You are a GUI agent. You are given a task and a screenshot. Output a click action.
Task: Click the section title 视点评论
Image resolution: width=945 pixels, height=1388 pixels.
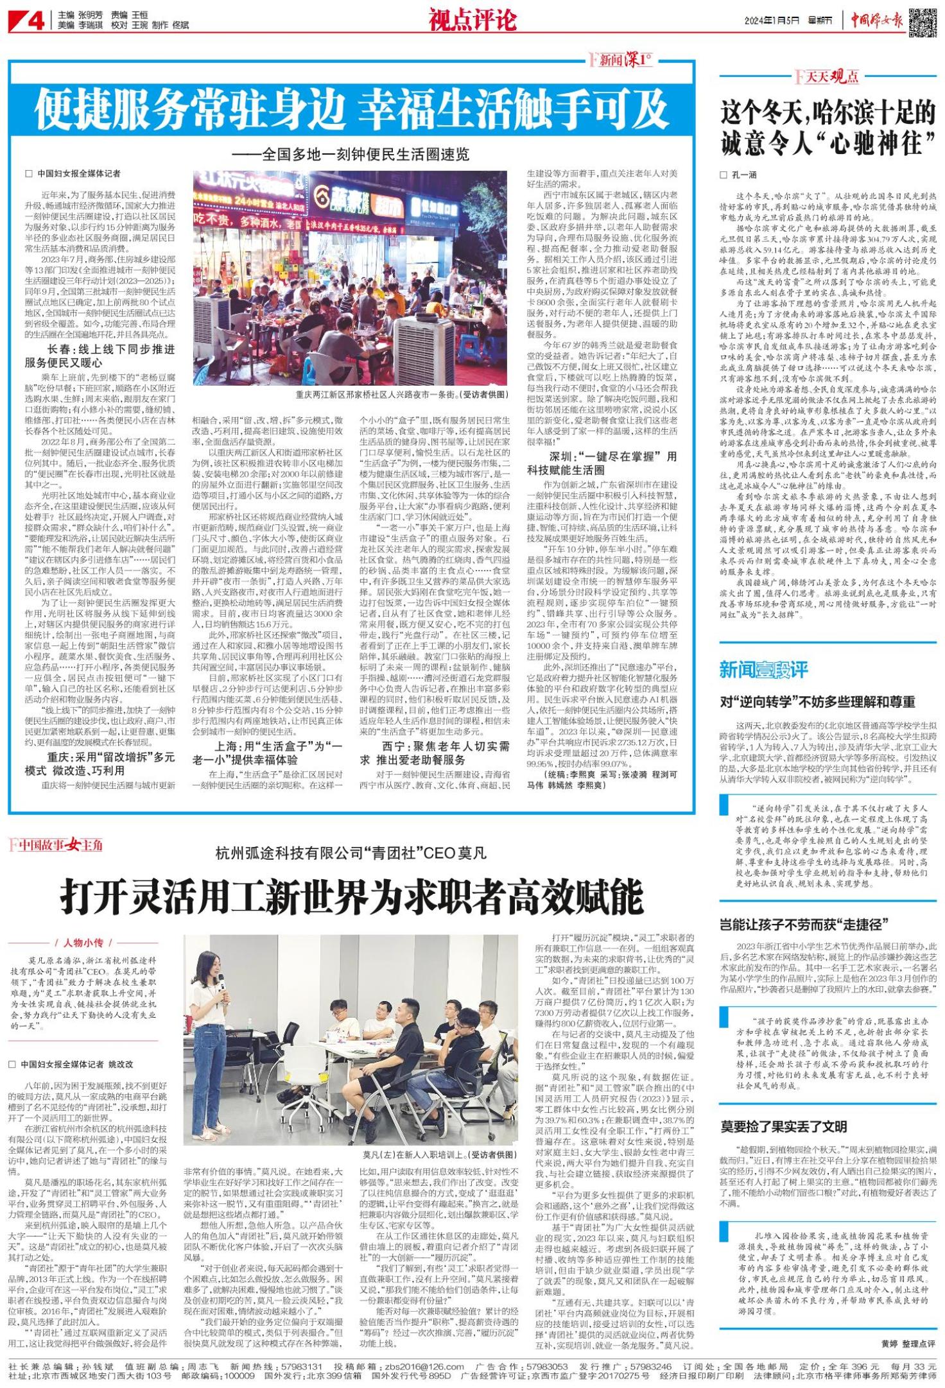point(472,20)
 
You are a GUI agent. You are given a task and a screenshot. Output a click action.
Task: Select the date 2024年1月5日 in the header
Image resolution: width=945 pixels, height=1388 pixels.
point(771,21)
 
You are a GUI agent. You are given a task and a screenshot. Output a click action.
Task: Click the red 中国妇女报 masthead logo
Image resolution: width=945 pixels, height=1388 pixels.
point(876,21)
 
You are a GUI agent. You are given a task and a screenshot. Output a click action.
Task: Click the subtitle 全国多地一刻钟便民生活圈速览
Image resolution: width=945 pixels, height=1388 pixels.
point(351,155)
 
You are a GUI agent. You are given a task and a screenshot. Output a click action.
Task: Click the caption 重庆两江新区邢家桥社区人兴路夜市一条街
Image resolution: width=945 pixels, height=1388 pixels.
point(401,395)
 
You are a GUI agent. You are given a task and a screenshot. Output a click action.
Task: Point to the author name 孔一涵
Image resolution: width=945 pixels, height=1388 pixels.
point(744,175)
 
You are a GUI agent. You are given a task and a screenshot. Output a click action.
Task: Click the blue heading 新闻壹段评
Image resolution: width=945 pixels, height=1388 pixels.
point(763,670)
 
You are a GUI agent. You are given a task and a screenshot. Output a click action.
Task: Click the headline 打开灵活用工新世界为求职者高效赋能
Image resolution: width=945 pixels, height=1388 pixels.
point(352,896)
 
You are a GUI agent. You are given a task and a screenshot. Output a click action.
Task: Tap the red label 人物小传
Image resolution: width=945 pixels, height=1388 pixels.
point(83,943)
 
